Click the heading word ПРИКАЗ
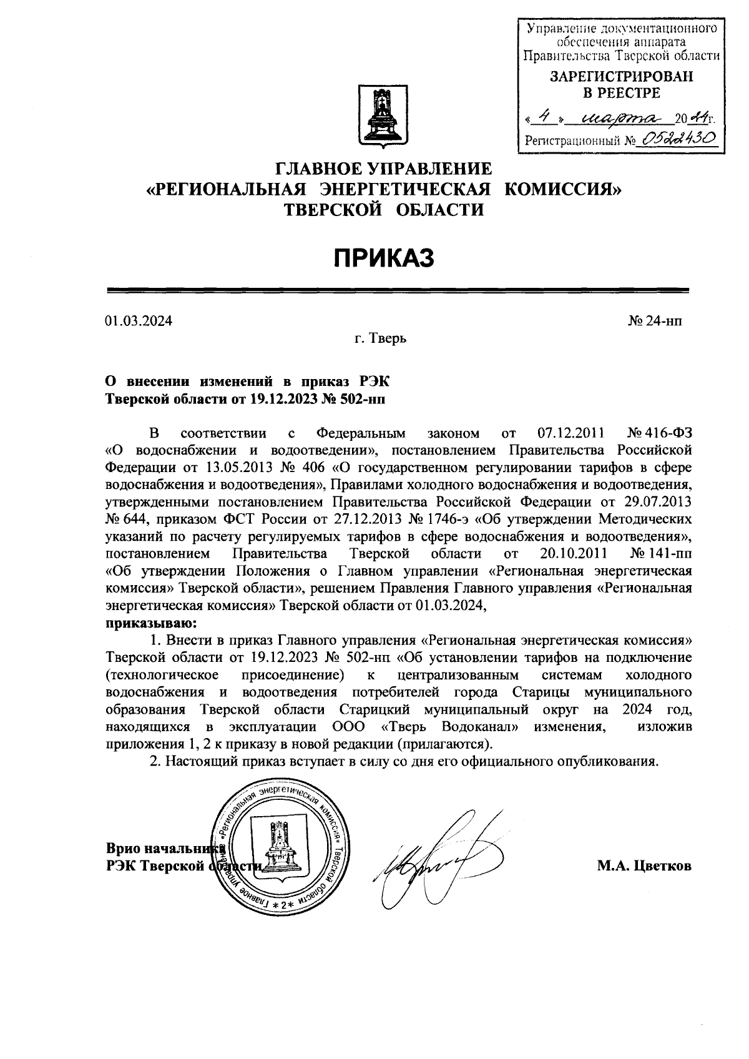tap(384, 258)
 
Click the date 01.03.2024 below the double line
tap(139, 322)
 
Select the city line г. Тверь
tap(381, 339)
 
